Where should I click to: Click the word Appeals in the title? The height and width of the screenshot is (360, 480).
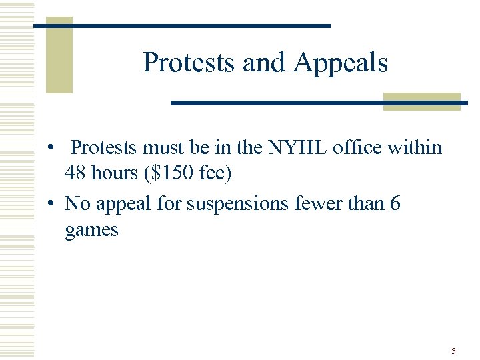pos(341,63)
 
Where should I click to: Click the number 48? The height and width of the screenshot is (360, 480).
pos(77,175)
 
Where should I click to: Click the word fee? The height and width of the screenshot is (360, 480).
pos(217,175)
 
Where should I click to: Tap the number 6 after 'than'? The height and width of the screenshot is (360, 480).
pos(395,203)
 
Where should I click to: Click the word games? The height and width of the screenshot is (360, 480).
pos(91,231)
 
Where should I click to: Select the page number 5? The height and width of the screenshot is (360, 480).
pos(453,351)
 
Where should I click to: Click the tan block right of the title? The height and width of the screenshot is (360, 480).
pos(422,101)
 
